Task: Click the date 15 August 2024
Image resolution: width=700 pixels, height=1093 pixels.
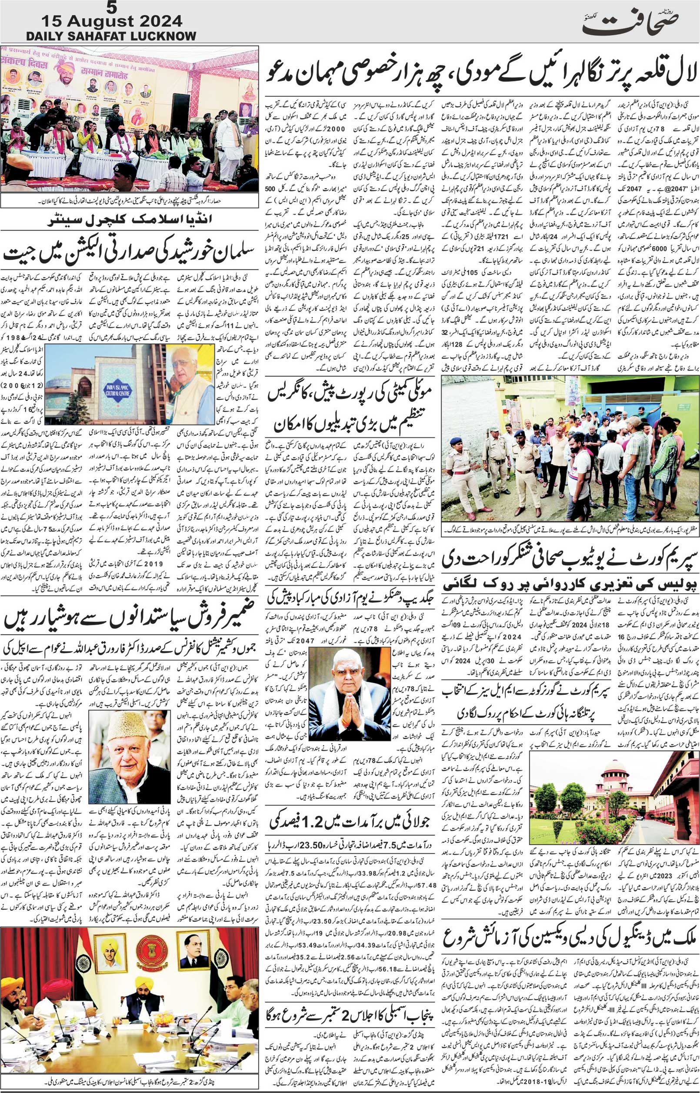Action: pyautogui.click(x=112, y=21)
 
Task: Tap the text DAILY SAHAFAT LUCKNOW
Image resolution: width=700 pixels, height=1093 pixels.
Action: pyautogui.click(x=111, y=36)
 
